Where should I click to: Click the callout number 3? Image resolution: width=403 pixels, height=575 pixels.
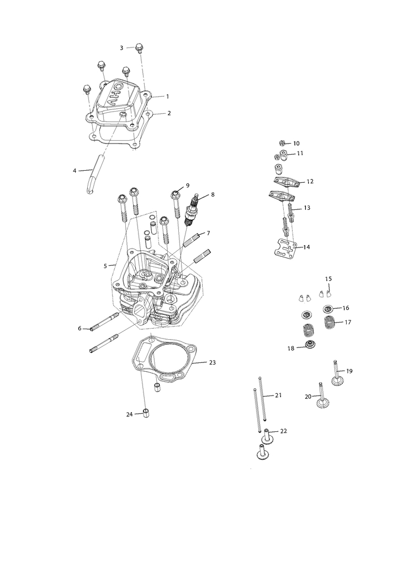click(121, 48)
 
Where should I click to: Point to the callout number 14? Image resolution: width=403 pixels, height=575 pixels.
click(306, 247)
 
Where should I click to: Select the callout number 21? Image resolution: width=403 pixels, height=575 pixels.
click(278, 395)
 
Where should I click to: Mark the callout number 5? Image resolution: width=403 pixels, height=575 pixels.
click(105, 266)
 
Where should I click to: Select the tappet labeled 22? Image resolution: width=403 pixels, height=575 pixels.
click(267, 435)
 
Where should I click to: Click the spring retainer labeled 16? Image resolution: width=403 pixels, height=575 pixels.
click(328, 308)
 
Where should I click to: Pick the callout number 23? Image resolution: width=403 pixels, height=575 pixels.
click(213, 363)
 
